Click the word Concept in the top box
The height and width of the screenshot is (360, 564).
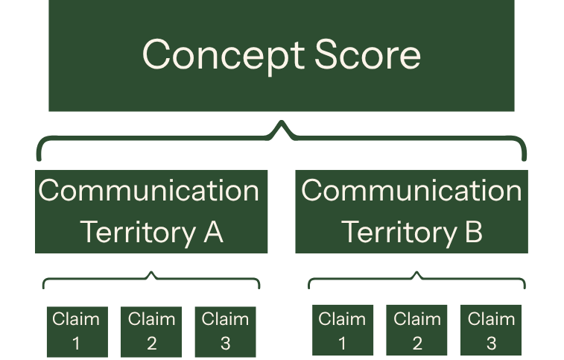coord(224,56)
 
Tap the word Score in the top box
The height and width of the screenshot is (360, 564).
coord(367,54)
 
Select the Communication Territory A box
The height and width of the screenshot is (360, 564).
coord(151,212)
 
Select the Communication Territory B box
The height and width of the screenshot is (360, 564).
coord(411,212)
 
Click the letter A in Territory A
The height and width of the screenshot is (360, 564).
coord(213,233)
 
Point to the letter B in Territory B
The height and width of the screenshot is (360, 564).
coord(473,233)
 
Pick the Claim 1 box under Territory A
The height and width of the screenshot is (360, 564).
coord(77,332)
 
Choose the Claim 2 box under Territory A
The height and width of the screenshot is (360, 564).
coord(151,332)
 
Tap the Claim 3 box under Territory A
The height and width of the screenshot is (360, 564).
coord(225,332)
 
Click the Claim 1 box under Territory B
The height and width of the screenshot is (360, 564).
coord(343,330)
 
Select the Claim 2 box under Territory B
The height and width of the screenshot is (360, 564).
coord(416,330)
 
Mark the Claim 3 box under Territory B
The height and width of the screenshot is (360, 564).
coord(491,330)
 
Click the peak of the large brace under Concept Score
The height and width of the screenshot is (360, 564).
coord(282,121)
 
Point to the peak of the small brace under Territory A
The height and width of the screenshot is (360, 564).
coord(151,272)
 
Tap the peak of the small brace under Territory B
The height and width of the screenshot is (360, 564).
coord(416,272)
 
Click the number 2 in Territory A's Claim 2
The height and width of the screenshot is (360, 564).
coord(151,343)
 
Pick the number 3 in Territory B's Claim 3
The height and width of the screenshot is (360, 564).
coord(491,343)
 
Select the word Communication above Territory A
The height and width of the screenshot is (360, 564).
coord(148,191)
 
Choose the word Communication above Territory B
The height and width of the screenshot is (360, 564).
coord(411,191)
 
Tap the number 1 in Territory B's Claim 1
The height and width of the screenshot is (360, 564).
coord(342,343)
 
